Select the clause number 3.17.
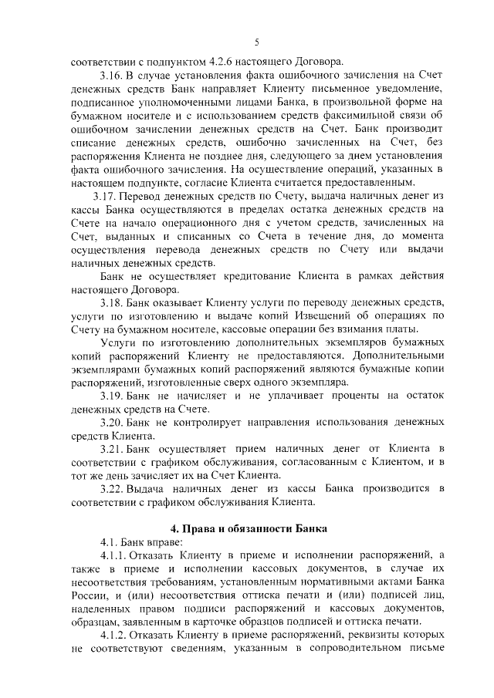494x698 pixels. pyautogui.click(x=103, y=196)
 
